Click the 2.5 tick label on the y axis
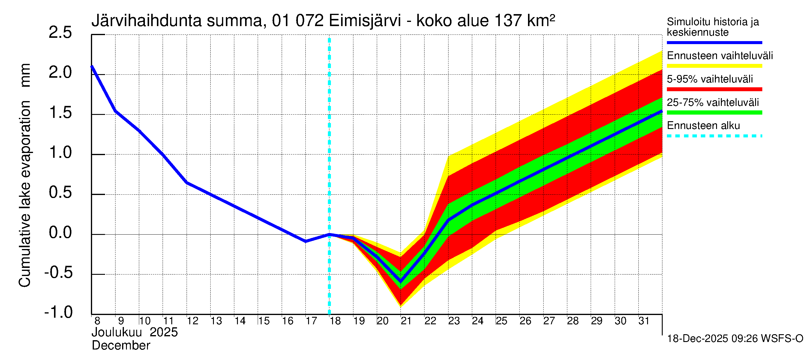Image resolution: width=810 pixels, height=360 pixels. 60,33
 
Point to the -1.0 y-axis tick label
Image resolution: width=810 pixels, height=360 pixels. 58,312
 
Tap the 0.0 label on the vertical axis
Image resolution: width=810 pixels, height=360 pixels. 60,233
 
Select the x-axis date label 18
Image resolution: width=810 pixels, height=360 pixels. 335,321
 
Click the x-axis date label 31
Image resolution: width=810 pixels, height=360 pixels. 644,321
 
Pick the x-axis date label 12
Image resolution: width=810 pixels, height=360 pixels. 192,321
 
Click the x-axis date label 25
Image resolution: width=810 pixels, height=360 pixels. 501,321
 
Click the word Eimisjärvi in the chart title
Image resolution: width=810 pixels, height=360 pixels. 365,21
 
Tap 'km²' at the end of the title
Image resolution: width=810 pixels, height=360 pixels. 541,20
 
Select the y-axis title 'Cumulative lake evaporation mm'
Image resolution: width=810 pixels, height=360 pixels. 25,175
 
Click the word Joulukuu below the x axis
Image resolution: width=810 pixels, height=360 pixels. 117,332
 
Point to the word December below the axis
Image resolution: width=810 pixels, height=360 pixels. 121,346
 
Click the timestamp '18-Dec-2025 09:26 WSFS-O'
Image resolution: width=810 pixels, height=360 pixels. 735,339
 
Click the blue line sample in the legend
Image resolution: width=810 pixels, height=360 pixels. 714,42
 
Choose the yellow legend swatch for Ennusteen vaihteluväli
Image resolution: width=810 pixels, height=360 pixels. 714,66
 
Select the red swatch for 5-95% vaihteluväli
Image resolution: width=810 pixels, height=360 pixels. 714,89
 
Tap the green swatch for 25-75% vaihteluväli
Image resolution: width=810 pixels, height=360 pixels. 714,112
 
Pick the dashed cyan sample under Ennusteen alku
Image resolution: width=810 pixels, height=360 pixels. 714,136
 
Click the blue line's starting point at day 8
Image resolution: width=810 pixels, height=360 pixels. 92,66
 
